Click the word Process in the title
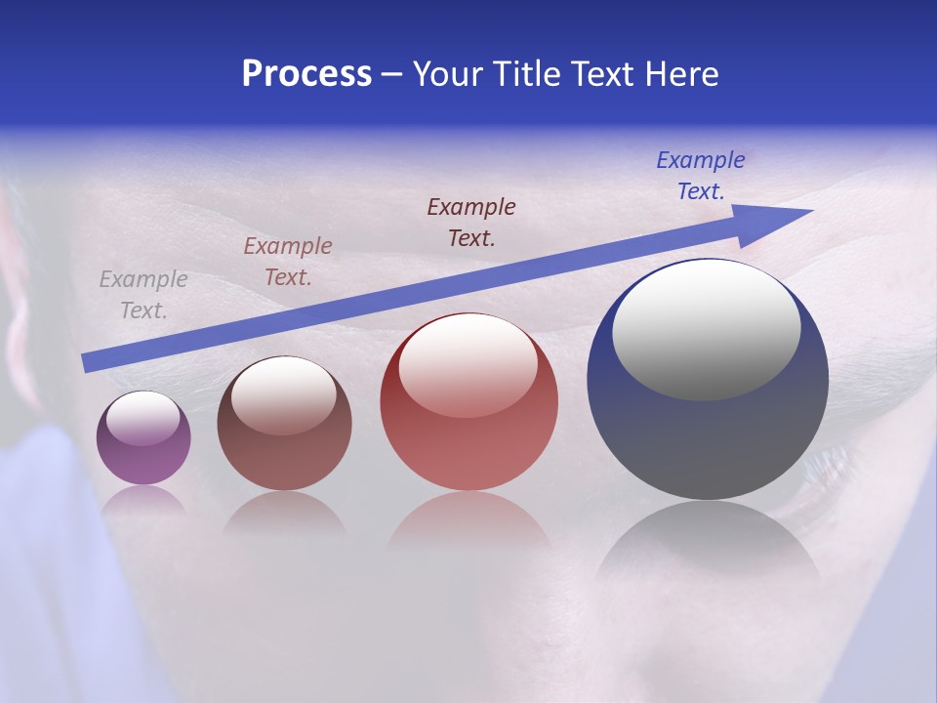tap(306, 74)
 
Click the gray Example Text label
tap(143, 295)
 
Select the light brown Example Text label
tap(288, 262)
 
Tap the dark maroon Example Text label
tap(471, 222)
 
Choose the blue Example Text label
tap(701, 176)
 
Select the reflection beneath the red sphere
tap(468, 522)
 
